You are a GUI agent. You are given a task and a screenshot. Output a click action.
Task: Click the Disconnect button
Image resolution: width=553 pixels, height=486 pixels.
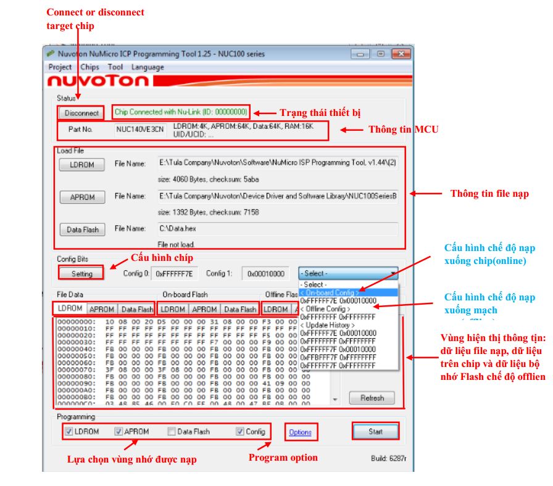click(x=81, y=113)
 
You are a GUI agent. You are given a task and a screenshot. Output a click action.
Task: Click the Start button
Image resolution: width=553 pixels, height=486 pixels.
click(x=375, y=432)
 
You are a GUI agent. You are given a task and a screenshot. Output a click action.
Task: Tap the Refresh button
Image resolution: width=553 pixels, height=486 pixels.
click(x=372, y=398)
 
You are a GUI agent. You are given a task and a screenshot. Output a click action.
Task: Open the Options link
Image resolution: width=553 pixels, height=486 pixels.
click(x=300, y=432)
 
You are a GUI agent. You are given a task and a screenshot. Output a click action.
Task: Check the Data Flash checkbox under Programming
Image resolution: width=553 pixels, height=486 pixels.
click(x=172, y=432)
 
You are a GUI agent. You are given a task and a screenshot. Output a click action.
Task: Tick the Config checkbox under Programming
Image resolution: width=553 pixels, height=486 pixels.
click(x=240, y=432)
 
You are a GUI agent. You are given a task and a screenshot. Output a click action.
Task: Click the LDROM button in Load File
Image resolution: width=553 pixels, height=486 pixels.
click(x=81, y=165)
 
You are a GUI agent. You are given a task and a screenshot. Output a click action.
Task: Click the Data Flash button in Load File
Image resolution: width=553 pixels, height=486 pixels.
click(x=82, y=229)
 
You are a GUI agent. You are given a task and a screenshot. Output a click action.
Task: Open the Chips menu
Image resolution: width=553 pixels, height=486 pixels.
click(x=89, y=67)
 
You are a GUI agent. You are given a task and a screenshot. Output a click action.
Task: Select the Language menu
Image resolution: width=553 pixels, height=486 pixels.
click(x=148, y=67)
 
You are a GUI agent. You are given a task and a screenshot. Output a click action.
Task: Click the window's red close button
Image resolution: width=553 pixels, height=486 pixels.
click(x=399, y=54)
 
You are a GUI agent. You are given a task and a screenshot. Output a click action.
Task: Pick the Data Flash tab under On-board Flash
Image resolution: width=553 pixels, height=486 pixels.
click(x=240, y=309)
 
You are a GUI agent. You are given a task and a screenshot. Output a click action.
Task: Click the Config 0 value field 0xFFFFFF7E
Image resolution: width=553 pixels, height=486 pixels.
click(x=174, y=273)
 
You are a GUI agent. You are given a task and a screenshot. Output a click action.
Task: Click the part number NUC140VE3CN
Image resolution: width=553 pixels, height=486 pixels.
click(x=140, y=130)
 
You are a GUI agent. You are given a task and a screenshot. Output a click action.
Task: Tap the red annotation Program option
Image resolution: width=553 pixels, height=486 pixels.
click(x=283, y=457)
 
